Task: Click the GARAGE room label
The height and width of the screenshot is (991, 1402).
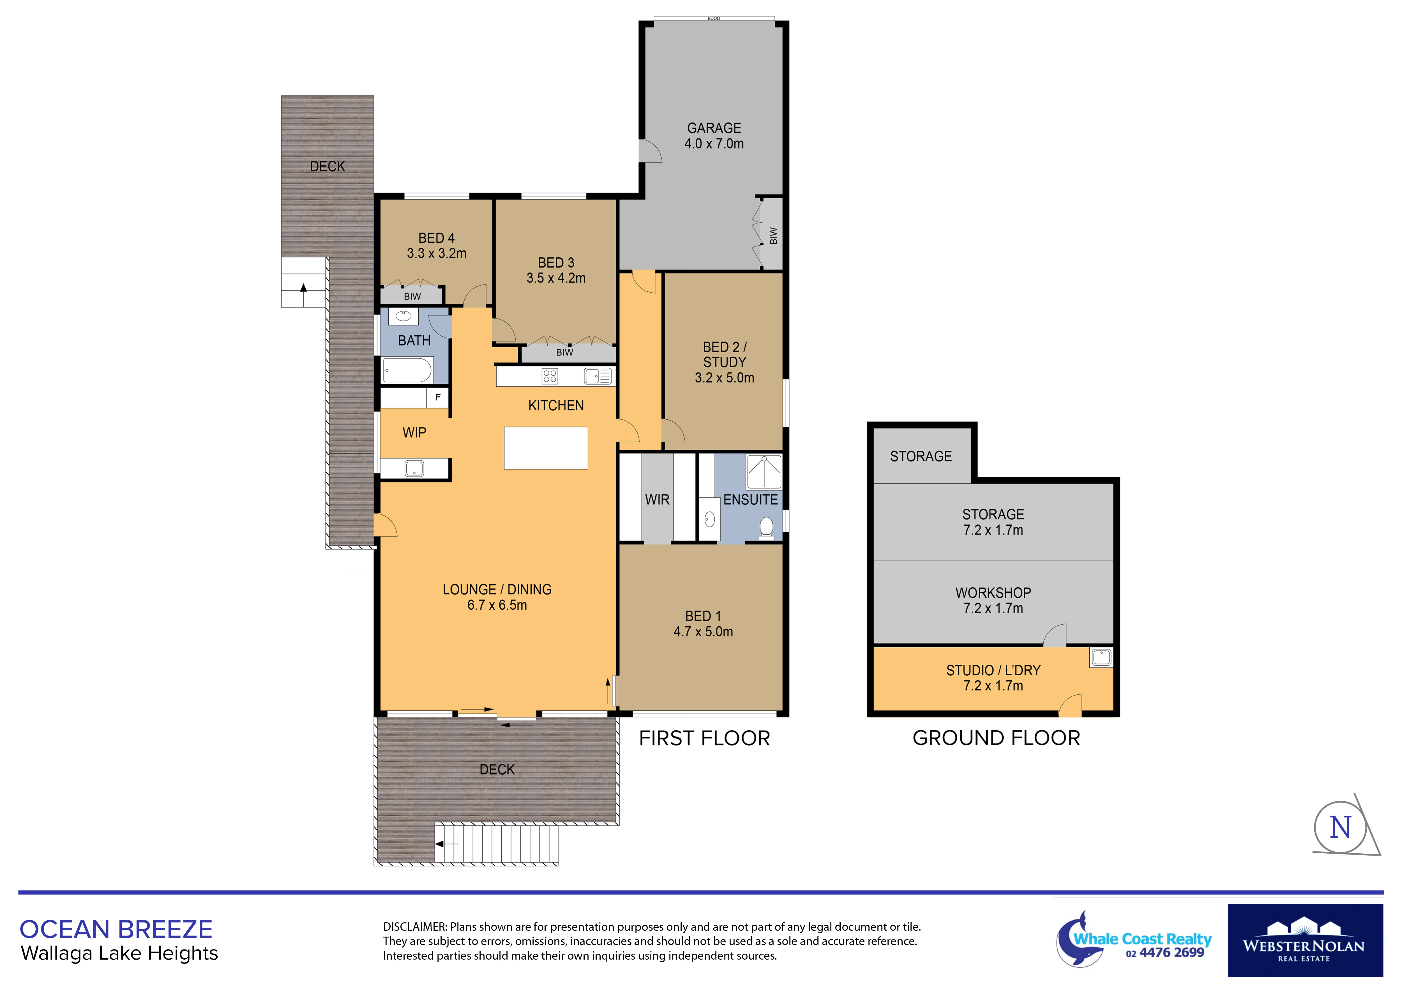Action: coord(714,128)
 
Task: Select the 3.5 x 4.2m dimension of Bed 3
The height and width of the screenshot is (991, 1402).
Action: coord(556,278)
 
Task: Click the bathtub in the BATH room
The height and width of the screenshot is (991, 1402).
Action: coord(407,370)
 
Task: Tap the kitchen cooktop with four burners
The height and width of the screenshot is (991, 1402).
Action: coord(550,376)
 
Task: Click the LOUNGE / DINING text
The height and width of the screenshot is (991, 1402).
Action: coord(497,590)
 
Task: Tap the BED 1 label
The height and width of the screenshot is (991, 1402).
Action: coord(703,616)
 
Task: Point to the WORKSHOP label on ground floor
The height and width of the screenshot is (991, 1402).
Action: coord(993,593)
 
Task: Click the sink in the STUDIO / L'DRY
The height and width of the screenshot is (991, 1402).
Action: coord(1102,657)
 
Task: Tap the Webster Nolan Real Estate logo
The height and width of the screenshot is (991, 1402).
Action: coord(1305,940)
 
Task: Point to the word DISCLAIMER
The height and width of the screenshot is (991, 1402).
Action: coord(415,927)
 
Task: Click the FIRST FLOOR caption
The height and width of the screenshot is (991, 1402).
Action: coord(704,738)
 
